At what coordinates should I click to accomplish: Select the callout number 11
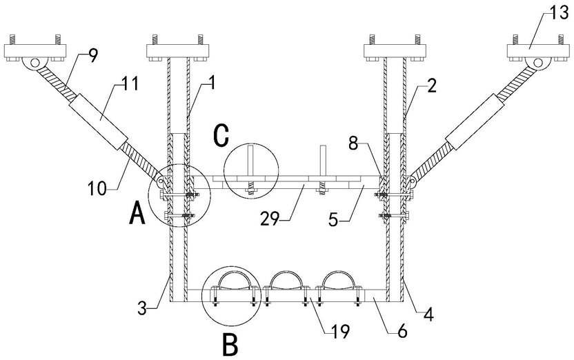pos(129,85)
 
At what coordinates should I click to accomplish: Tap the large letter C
pos(221,136)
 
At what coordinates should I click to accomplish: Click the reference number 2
pos(430,86)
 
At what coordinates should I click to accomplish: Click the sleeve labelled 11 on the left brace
pos(100,116)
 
